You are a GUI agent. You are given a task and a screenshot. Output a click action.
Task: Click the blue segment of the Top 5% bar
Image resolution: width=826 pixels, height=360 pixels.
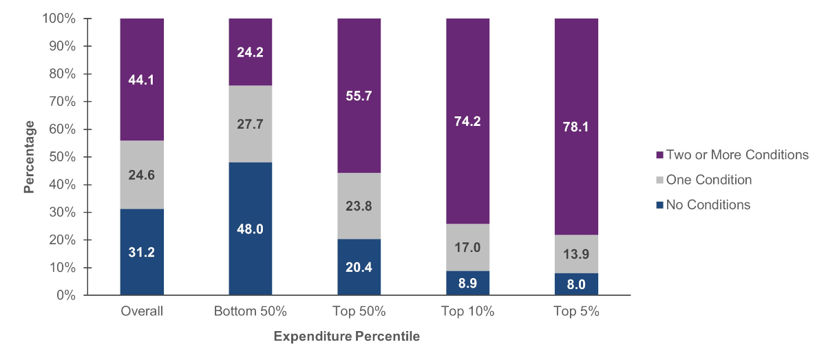coord(577,284)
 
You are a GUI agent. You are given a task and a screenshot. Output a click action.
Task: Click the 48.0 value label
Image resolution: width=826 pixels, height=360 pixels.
coord(251,229)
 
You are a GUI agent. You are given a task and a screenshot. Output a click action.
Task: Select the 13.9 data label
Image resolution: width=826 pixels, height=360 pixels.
coord(577,254)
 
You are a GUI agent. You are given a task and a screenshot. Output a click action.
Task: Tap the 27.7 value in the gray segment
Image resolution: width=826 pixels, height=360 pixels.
coord(251,124)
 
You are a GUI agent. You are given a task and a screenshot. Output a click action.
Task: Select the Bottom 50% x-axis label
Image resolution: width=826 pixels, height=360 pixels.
coord(251,311)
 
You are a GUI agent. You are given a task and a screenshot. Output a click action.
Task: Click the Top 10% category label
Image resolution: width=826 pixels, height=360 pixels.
coord(468,311)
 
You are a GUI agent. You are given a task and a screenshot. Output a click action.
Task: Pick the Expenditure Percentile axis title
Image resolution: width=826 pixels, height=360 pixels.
coord(347,337)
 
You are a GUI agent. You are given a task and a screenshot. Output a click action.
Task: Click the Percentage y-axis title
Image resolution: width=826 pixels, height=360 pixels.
coord(30,157)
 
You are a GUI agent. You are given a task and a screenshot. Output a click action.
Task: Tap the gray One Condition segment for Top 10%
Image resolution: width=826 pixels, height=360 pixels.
coord(468,247)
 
